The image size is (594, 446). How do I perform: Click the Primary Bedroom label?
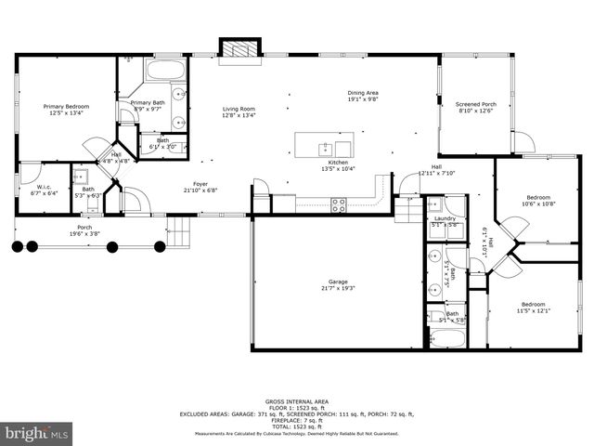66,110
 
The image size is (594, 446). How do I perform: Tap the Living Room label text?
239,112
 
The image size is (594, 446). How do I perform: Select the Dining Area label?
363,95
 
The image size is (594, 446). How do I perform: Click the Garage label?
337,284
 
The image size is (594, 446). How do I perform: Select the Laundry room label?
445,220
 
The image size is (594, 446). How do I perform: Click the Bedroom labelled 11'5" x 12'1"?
533,308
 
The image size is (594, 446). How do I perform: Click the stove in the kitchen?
339,205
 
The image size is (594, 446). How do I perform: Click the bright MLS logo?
37,433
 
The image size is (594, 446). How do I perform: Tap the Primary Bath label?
148,106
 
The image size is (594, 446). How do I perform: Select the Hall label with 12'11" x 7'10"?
435,170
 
